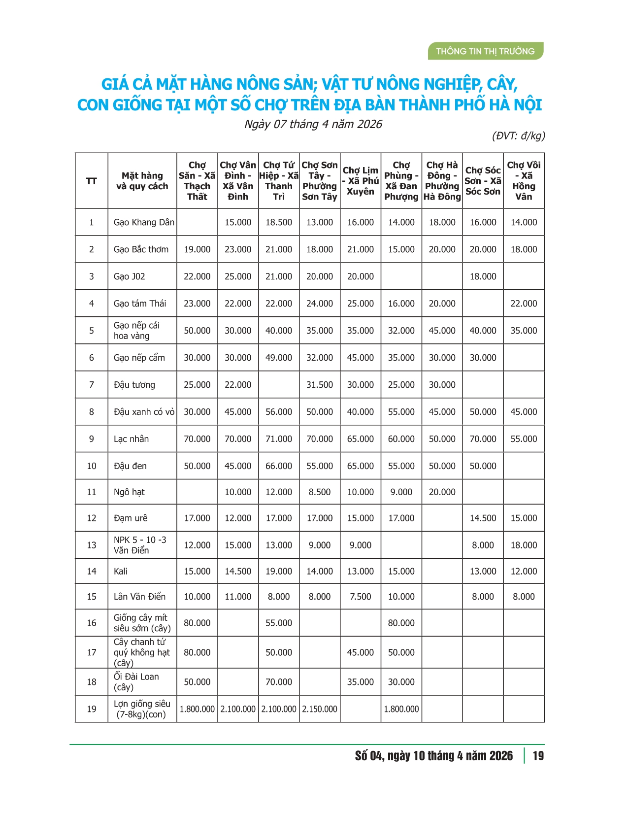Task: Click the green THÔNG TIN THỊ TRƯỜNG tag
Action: pos(485,51)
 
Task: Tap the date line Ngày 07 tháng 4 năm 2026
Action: pos(313,124)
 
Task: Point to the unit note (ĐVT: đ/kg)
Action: pos(518,136)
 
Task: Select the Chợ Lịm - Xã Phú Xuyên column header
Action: pos(361,181)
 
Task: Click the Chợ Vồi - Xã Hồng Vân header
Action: pos(524,181)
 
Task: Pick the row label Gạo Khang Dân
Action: pos(144,222)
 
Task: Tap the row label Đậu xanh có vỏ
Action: pos(144,412)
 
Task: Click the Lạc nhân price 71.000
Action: pos(279,439)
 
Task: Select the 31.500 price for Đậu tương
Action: pos(320,385)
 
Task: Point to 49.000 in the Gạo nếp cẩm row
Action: pos(279,358)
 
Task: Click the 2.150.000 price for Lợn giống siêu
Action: pos(320,709)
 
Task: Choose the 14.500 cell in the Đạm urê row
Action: pos(483,518)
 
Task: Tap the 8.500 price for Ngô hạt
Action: pos(320,492)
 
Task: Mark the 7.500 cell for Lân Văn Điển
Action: pos(361,597)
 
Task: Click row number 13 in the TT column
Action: pos(92,545)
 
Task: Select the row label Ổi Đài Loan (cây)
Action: pos(136,682)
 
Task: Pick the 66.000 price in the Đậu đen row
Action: pos(279,466)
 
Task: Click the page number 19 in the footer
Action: pos(538,756)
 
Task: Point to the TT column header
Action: pos(92,181)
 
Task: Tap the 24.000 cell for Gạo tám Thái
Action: pos(320,304)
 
